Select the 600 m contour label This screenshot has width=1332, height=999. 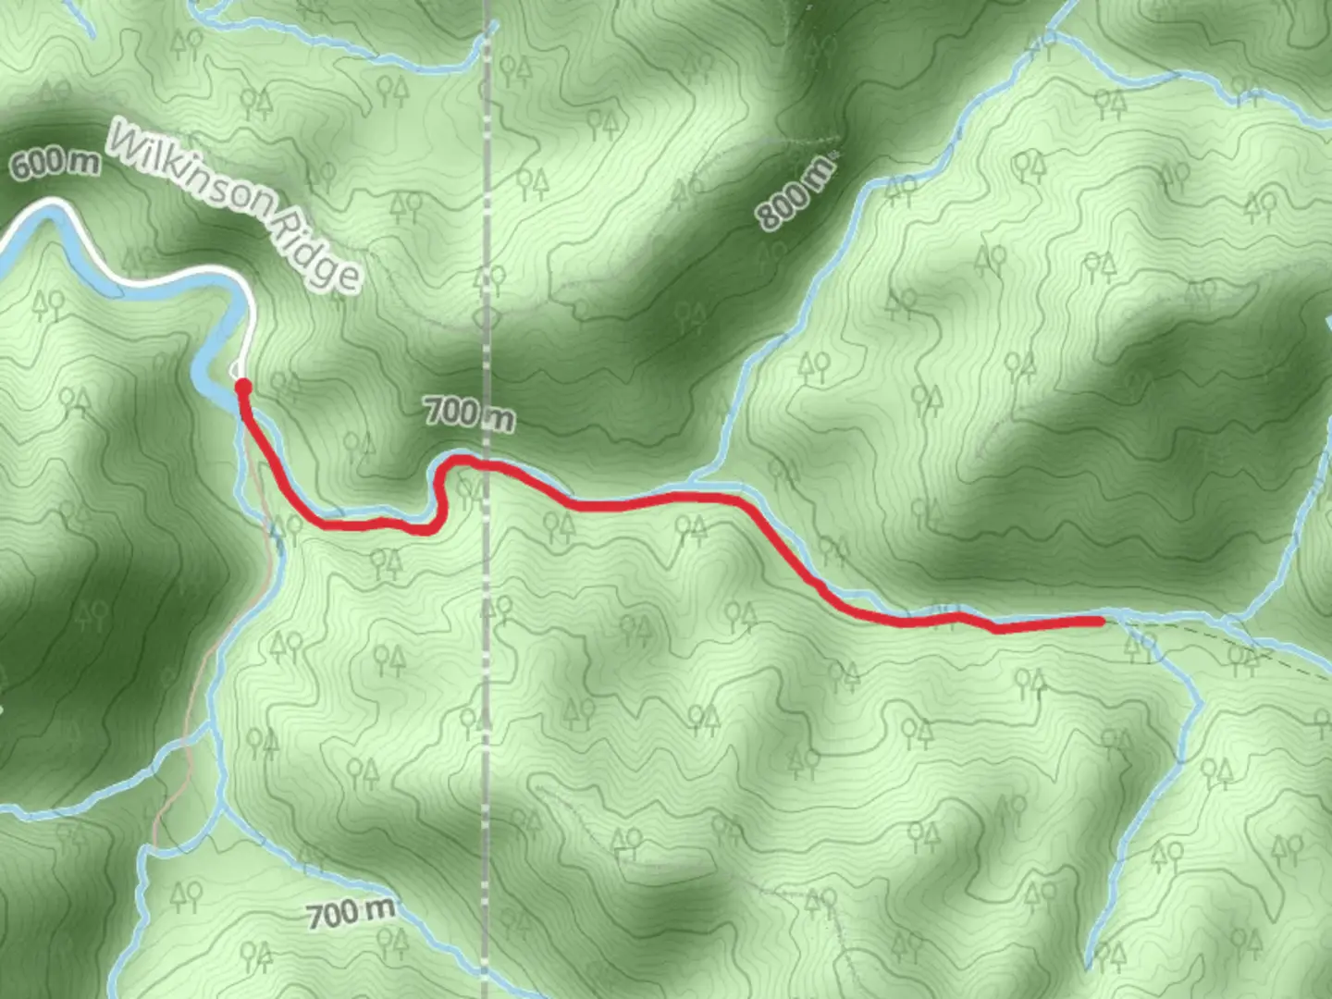tap(55, 164)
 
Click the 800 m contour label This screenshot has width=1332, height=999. tap(795, 192)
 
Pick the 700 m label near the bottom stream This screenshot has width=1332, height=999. tap(351, 913)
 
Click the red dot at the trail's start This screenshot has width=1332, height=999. tap(243, 387)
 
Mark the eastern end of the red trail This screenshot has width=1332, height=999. tap(1099, 621)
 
